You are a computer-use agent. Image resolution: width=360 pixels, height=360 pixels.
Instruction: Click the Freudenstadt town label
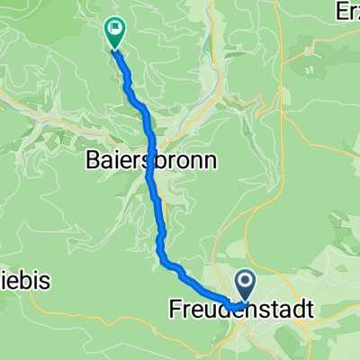tap(241, 309)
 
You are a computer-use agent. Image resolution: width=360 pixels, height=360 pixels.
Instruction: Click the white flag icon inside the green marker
tap(115, 29)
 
